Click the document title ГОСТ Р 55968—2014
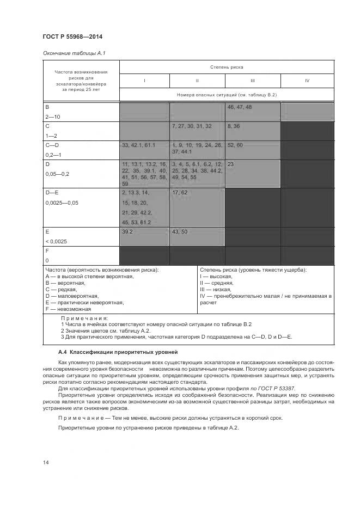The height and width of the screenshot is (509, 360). (72, 37)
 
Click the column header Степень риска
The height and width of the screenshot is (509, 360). (227, 67)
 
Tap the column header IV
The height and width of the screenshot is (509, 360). (307, 81)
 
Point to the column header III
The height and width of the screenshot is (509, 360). (253, 81)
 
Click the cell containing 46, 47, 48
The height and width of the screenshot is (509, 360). (252, 112)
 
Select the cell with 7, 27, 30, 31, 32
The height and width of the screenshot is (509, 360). (197, 131)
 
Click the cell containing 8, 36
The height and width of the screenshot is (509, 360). (252, 131)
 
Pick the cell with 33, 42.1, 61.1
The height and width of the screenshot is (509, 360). (144, 150)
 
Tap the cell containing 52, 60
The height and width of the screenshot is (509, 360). (252, 150)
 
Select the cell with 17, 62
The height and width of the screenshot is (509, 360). (197, 207)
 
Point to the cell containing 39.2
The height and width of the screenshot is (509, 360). (144, 236)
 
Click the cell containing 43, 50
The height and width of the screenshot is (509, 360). (197, 236)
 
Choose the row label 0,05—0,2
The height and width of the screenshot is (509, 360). (58, 174)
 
